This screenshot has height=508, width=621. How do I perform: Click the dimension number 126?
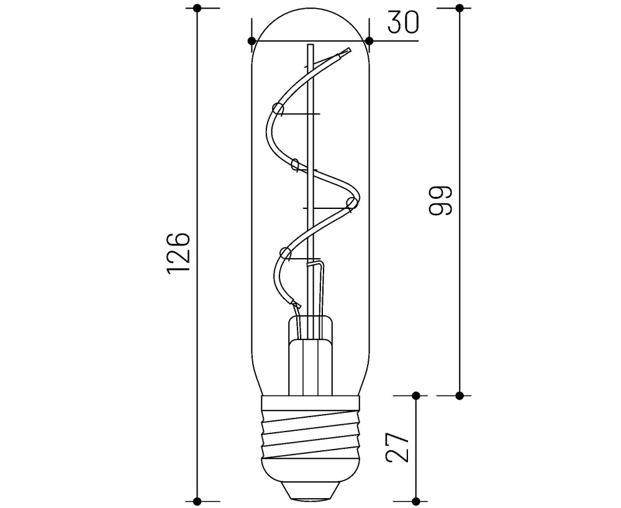click(178, 254)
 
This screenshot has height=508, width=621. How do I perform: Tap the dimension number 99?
click(440, 200)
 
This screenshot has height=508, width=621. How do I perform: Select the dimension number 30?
click(403, 22)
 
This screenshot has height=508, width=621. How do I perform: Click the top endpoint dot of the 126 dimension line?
click(197, 8)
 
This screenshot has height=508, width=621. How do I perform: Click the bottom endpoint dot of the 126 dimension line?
click(197, 501)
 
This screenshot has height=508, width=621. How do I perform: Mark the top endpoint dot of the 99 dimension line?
click(460, 8)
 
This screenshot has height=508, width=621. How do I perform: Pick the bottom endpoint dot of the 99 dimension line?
click(460, 395)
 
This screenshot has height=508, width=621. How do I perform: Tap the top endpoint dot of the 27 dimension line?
click(415, 395)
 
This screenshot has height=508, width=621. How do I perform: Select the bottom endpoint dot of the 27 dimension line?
click(415, 501)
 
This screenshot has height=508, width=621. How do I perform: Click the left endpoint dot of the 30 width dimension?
click(252, 41)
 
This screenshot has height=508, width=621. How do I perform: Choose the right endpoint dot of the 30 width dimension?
click(369, 41)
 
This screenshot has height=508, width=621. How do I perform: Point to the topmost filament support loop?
click(278, 110)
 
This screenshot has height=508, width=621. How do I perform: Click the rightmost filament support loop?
click(351, 203)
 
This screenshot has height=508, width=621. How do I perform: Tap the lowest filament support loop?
click(286, 252)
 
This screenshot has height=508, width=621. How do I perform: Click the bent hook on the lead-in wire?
click(319, 264)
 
